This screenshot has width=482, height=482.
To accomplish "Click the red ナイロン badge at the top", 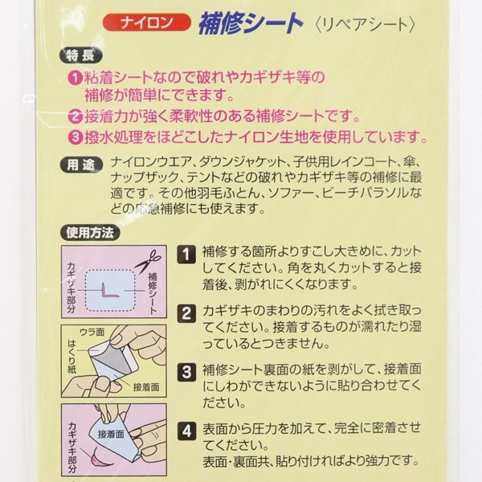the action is point(147,22).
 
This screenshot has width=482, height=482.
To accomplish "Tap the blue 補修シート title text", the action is point(251,23).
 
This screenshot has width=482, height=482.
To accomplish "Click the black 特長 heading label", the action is point(81,55).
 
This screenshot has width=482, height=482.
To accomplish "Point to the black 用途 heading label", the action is point(81,165).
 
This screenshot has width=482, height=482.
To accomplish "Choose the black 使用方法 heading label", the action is point(90,233).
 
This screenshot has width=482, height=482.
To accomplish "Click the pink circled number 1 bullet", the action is point(75,78).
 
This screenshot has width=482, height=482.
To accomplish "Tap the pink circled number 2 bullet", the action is point(75,116).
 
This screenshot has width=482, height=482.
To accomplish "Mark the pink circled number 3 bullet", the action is point(76,137).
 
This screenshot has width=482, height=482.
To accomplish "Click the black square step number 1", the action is point(186,255).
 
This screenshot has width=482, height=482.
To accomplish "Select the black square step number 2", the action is point(186,313).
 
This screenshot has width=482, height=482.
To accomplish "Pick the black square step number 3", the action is point(186,372).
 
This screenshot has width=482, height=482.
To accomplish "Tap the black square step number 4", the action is point(186,431).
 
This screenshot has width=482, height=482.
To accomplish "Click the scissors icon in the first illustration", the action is point(148,261).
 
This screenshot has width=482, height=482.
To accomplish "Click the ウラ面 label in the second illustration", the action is point(92,332).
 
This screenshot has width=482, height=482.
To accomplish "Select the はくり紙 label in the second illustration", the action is point(72,357).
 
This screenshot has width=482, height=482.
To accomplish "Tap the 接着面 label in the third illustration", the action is point(111,434).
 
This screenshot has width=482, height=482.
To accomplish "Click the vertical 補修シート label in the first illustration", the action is point(153,293).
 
